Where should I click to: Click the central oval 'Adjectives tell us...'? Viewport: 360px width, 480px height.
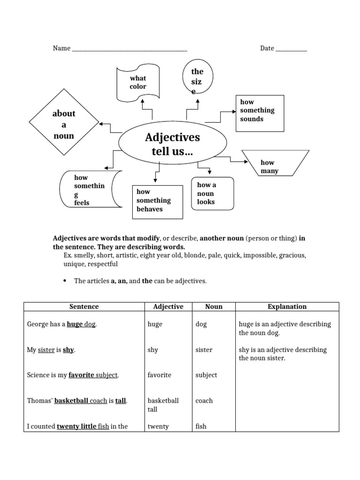point(172,144)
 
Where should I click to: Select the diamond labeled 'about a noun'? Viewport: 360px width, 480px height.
point(64,125)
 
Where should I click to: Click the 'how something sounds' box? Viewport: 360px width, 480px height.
point(259,112)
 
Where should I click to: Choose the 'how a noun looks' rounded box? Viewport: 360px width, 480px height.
point(212,193)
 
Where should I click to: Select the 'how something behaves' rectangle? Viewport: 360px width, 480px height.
point(157,201)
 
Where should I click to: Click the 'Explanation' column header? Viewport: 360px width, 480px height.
point(287,307)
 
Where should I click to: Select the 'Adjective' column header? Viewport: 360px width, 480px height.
point(168,307)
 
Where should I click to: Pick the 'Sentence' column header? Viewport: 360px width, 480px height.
point(84,307)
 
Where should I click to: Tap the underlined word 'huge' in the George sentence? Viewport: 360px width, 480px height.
point(75,324)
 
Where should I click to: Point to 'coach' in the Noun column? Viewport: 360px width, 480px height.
point(204,401)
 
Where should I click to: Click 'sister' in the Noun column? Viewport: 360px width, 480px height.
point(204,350)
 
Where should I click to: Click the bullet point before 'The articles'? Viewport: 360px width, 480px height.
point(65,281)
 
